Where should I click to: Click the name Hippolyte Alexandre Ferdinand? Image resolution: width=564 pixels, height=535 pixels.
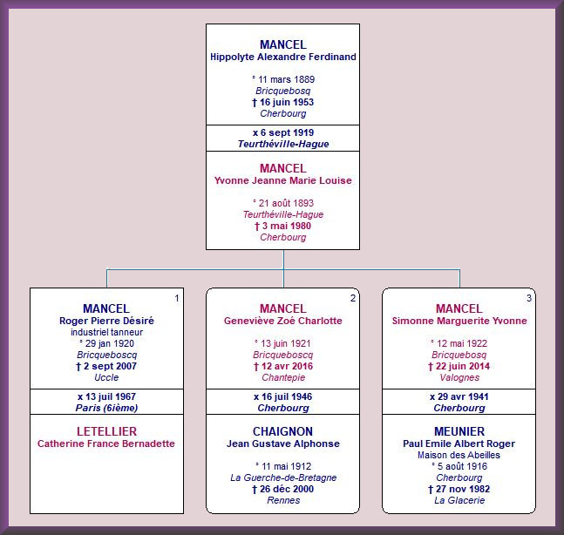click(x=283, y=57)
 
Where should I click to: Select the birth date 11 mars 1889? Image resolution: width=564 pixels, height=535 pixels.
click(x=283, y=79)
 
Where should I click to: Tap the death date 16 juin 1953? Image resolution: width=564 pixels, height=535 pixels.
click(x=283, y=102)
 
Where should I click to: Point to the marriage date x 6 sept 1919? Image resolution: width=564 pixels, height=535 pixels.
click(x=283, y=132)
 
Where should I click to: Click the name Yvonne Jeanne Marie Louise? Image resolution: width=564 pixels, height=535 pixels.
click(x=283, y=180)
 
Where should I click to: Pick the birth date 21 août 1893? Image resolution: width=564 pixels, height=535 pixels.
click(x=283, y=203)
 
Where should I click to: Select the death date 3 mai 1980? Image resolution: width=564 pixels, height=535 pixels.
click(x=283, y=226)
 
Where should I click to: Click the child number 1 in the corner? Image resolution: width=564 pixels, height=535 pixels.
click(x=177, y=298)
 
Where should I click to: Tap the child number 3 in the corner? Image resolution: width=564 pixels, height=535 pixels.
click(x=529, y=298)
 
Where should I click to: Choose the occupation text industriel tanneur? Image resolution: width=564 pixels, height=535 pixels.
click(x=107, y=332)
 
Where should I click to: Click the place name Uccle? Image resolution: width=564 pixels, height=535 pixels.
click(x=106, y=377)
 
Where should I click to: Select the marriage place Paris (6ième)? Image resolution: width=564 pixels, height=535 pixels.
click(x=107, y=408)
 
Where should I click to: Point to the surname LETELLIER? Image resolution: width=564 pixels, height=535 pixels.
click(x=107, y=431)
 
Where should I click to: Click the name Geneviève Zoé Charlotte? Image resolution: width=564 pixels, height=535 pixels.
click(x=283, y=321)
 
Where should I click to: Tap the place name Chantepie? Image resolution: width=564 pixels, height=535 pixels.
click(x=283, y=377)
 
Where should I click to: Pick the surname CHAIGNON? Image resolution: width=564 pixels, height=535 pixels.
click(x=283, y=431)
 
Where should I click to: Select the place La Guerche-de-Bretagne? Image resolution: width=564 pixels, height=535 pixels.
click(x=283, y=477)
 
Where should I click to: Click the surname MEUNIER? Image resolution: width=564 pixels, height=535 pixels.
click(x=459, y=431)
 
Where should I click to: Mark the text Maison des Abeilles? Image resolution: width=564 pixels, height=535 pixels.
click(x=459, y=455)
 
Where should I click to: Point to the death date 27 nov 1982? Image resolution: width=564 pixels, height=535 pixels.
click(x=459, y=489)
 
